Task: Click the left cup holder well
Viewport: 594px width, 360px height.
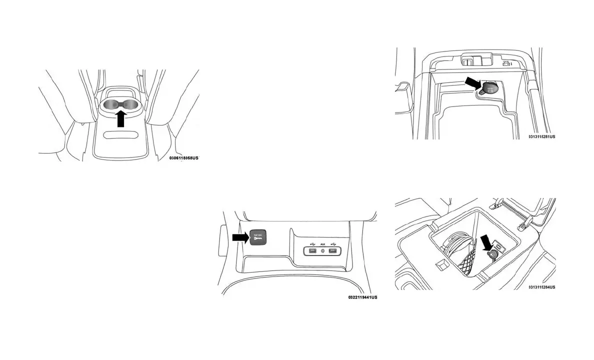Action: click(111, 104)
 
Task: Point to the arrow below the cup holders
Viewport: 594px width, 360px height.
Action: click(120, 120)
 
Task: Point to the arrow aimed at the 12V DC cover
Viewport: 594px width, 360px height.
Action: click(240, 237)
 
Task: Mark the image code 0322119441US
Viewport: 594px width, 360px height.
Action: click(362, 297)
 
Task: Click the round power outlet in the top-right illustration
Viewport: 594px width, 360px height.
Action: click(488, 89)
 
